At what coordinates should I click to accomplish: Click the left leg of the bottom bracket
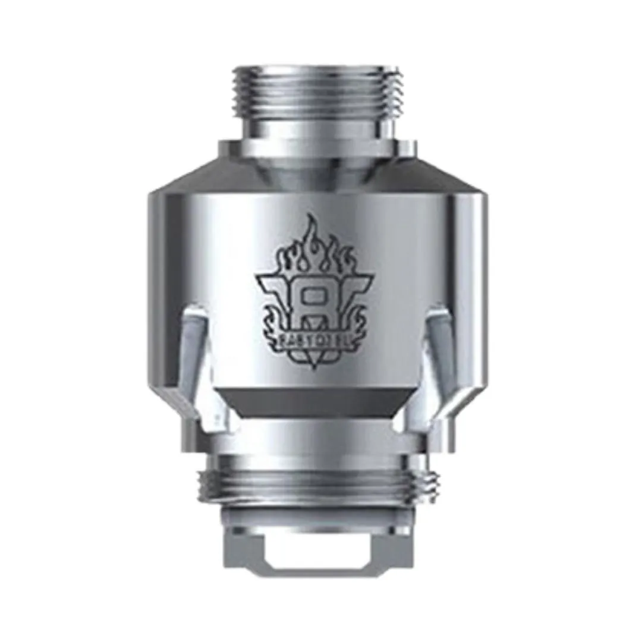pos(252,550)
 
